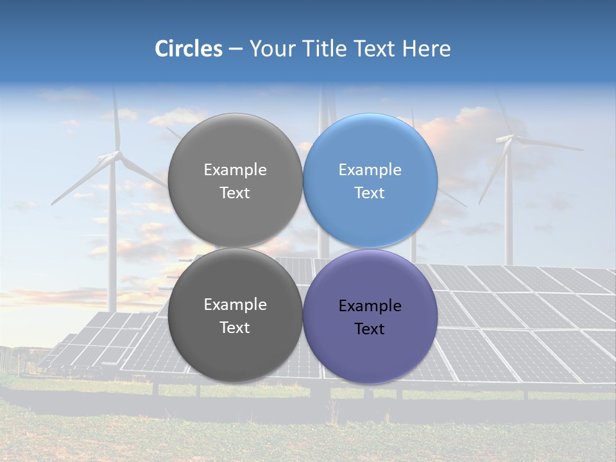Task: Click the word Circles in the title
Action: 189,49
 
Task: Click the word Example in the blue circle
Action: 370,170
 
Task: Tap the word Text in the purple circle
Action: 370,329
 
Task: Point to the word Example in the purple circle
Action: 370,306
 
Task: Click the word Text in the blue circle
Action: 370,193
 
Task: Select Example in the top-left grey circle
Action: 235,170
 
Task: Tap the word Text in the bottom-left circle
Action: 235,328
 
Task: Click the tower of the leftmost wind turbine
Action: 113,244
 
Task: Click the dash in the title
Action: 235,49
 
